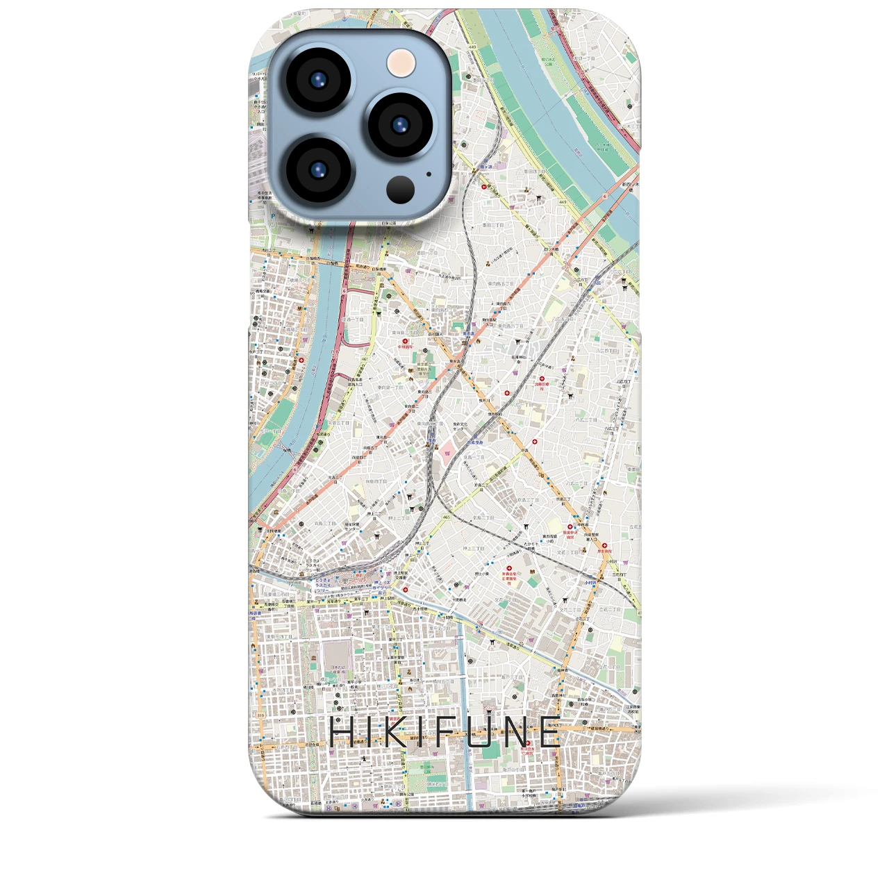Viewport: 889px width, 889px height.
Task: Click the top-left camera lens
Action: [x=318, y=81]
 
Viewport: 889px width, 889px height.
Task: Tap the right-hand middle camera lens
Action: [x=401, y=125]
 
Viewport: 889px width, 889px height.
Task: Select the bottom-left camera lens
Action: [x=318, y=169]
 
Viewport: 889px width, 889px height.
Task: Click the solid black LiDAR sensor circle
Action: [x=401, y=189]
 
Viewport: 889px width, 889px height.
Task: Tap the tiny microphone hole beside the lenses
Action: [x=429, y=174]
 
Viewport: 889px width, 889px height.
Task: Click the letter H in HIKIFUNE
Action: [x=340, y=733]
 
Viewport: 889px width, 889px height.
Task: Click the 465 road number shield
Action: [x=445, y=517]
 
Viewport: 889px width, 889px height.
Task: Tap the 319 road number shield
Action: [x=260, y=715]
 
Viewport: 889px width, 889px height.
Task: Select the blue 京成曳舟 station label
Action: [x=475, y=442]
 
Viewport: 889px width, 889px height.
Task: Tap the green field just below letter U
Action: [x=490, y=753]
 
